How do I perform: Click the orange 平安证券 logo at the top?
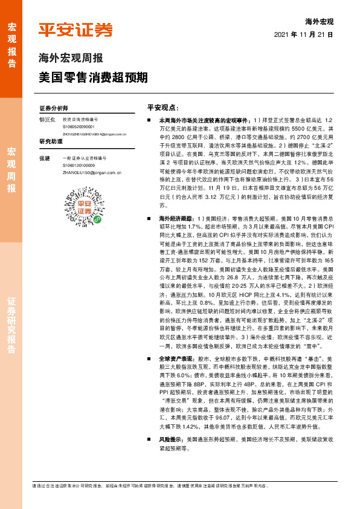point(76,30)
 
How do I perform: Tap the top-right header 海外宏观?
point(320,22)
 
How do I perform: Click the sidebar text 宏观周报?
point(11,170)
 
